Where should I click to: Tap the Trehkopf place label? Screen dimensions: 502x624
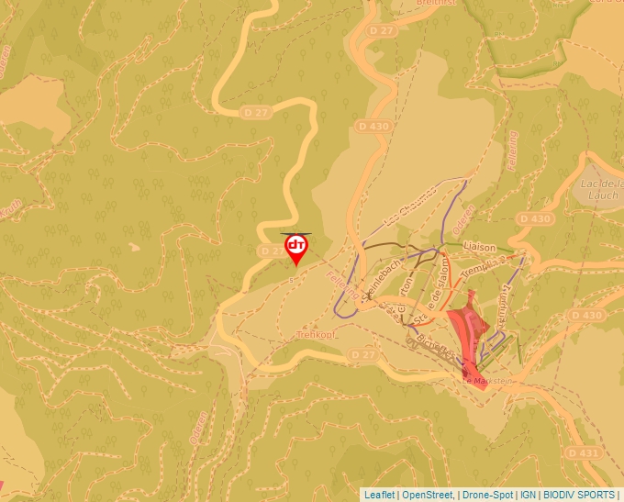pyautogui.click(x=314, y=335)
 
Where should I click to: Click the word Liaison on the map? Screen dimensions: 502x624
pyautogui.click(x=479, y=248)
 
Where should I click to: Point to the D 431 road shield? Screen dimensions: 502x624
pyautogui.click(x=583, y=452)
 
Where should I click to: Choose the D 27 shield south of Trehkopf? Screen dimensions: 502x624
pyautogui.click(x=364, y=354)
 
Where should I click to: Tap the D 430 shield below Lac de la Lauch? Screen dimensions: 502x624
pyautogui.click(x=535, y=219)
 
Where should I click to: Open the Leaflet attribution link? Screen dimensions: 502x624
pyautogui.click(x=379, y=495)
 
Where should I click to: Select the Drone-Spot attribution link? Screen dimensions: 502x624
pyautogui.click(x=487, y=495)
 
